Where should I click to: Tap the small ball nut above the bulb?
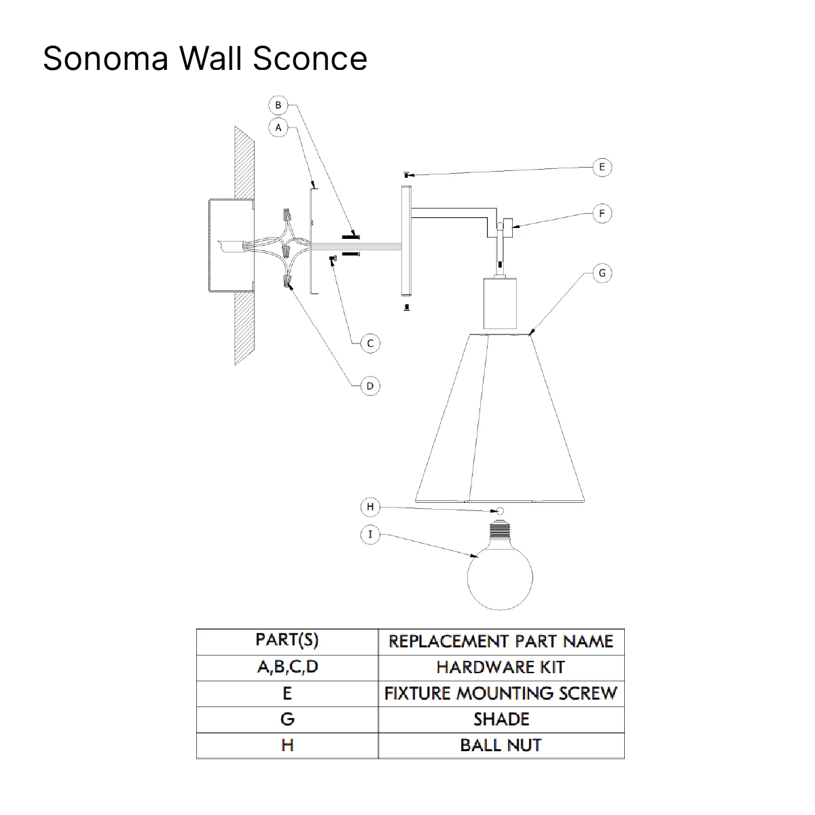[500, 511]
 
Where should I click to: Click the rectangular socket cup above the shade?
[500, 303]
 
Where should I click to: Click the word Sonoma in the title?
[105, 58]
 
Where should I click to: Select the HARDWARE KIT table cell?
[501, 667]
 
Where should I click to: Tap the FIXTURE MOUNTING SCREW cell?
[501, 694]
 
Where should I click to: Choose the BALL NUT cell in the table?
[501, 746]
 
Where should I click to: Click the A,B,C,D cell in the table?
[287, 667]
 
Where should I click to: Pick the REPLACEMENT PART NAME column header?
[501, 641]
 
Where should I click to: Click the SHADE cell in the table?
[501, 719]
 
